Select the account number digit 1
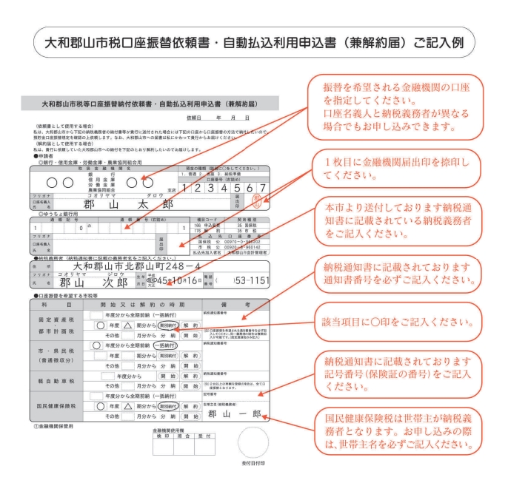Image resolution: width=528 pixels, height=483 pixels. [x=189, y=189]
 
